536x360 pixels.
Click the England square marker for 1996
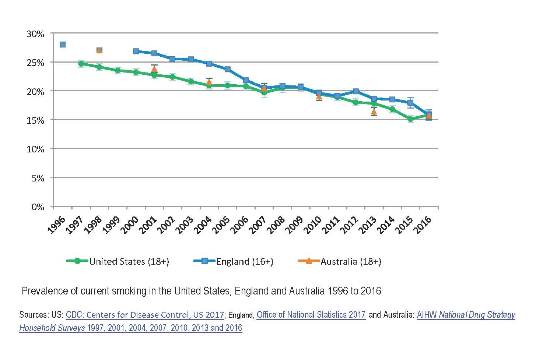(x=63, y=45)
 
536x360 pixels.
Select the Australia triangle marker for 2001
(x=154, y=68)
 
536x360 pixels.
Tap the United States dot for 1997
(x=81, y=64)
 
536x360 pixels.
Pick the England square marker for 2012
(x=356, y=91)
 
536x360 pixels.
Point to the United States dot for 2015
(x=410, y=119)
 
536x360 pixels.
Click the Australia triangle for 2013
(x=374, y=111)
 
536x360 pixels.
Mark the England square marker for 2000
(x=136, y=51)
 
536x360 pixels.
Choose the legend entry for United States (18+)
(x=118, y=261)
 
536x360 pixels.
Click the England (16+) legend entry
(x=234, y=261)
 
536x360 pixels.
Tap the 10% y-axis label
(x=36, y=149)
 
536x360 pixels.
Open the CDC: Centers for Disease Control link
(x=145, y=315)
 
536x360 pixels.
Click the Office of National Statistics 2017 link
(x=311, y=315)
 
